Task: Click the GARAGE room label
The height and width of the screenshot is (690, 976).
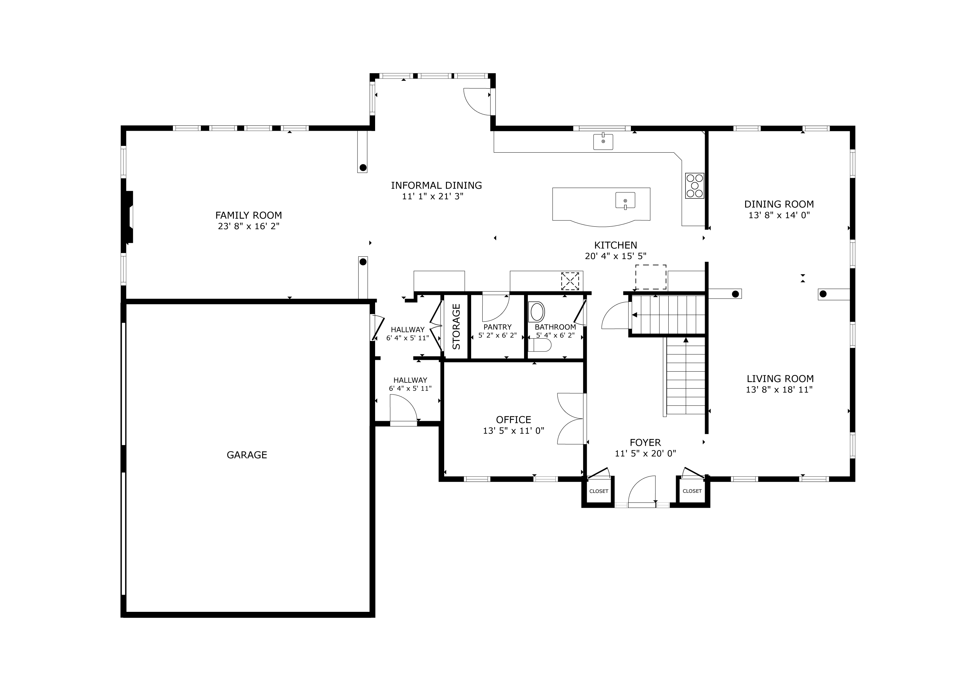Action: coord(247,455)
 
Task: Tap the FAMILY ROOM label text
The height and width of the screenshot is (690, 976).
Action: coord(249,215)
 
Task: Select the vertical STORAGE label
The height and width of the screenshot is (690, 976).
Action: coord(456,326)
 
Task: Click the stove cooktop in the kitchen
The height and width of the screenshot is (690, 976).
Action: coord(694,186)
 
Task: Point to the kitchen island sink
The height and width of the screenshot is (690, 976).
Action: coord(625,200)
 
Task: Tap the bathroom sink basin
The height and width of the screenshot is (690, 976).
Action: coord(537,312)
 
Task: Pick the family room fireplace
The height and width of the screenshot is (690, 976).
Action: coord(129,217)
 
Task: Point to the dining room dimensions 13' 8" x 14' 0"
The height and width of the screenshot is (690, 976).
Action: coord(779,215)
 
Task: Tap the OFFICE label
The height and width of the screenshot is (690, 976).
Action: coord(514,420)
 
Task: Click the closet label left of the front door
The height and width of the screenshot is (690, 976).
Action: coord(599,491)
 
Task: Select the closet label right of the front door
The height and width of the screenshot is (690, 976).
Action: coord(692,491)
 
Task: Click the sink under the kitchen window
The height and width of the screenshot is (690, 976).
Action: coord(603,142)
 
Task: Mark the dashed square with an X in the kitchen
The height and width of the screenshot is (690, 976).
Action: coord(570,281)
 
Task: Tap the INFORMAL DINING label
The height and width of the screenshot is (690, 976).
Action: coord(436,186)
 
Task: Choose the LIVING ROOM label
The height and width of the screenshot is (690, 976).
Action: coord(780,379)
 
